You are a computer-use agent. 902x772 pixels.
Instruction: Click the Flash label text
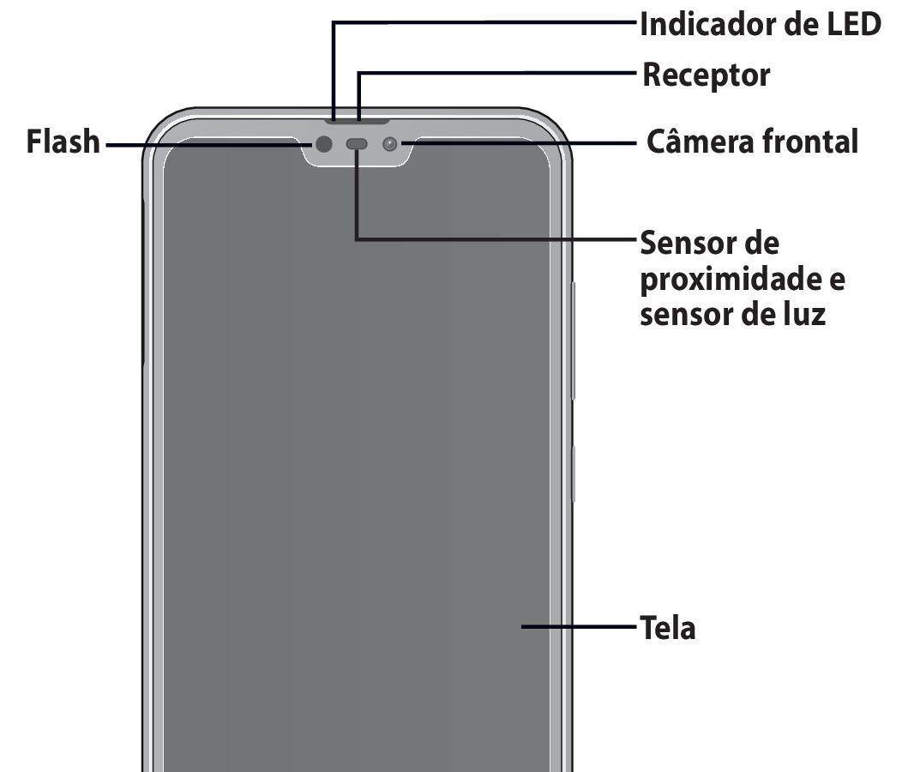click(x=63, y=142)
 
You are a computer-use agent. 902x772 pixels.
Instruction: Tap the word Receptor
click(x=706, y=75)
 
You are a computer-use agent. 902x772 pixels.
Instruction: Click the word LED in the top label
click(x=854, y=25)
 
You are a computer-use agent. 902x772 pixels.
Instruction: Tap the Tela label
click(x=668, y=628)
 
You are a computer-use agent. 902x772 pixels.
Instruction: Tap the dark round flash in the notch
click(x=324, y=144)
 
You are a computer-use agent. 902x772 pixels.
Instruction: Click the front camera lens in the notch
click(x=390, y=144)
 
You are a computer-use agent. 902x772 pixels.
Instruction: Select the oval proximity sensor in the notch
click(x=357, y=144)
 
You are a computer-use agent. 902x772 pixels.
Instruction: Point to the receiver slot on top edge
click(x=358, y=122)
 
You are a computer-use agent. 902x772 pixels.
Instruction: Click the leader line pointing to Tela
click(x=580, y=626)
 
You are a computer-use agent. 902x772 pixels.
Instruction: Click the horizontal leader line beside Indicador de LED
click(x=485, y=23)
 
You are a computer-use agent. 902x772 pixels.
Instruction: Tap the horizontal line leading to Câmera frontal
click(x=518, y=142)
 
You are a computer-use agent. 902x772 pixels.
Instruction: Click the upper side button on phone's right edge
click(x=573, y=341)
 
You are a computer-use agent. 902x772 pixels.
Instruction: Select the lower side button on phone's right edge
click(x=573, y=473)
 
